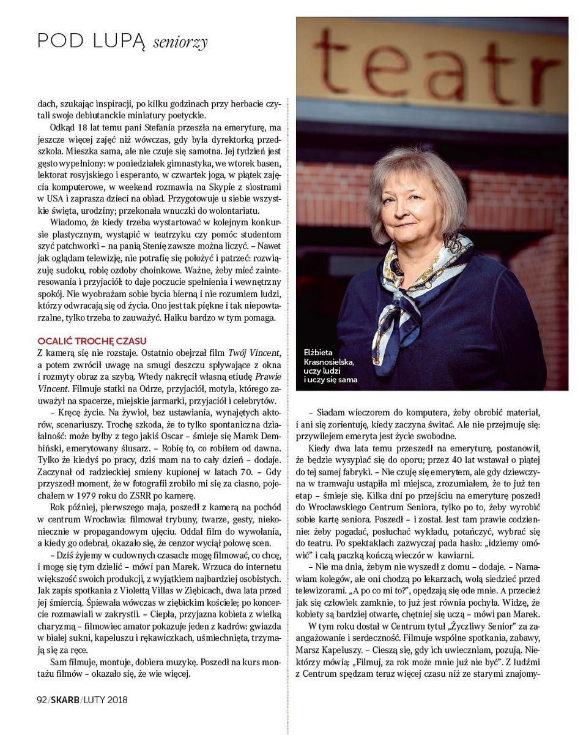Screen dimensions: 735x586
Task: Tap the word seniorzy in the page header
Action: pos(180,42)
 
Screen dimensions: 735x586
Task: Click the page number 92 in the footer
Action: pos(42,699)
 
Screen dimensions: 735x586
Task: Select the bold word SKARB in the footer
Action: pos(65,699)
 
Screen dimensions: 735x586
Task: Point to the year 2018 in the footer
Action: pos(116,699)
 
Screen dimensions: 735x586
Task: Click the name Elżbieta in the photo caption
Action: pos(320,352)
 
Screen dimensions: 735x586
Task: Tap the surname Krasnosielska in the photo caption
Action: pos(329,361)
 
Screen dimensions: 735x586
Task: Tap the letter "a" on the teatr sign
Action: pos(457,69)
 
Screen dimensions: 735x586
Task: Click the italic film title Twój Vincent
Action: pos(254,352)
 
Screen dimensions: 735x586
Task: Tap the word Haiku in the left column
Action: pos(177,317)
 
